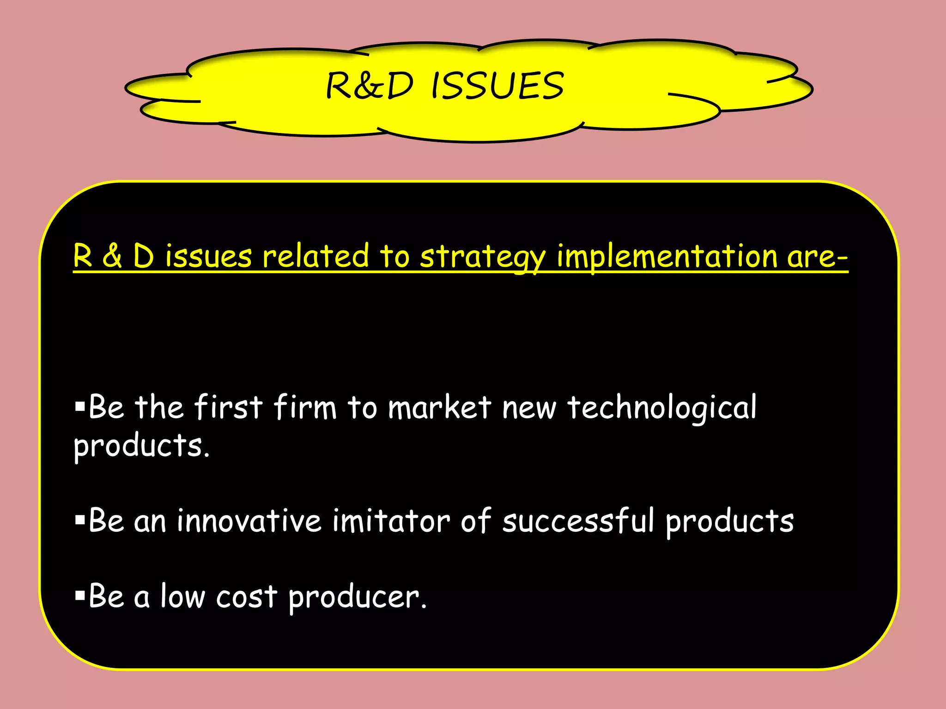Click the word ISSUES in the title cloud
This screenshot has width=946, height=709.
point(497,86)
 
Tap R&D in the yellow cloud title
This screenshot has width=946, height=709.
point(370,86)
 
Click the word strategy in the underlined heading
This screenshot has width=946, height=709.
point(482,257)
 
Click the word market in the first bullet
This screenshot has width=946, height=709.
point(439,408)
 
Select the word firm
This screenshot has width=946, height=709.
point(305,408)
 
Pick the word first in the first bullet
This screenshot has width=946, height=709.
point(228,408)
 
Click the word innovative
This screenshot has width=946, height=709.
point(249,521)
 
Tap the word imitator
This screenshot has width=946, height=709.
point(391,521)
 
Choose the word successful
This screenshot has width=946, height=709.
point(578,521)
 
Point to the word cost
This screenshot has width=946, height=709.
point(247,597)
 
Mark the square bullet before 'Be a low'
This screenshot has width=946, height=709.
point(80,596)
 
